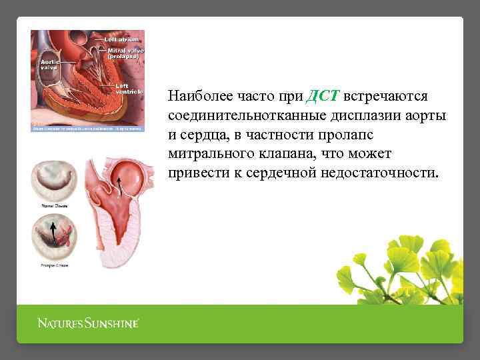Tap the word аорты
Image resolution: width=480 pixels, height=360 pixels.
tap(428, 116)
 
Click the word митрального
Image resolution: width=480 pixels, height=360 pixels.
tap(208, 154)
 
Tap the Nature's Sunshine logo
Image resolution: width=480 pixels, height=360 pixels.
tap(88, 324)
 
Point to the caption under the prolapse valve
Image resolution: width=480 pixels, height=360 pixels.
tap(54, 265)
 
